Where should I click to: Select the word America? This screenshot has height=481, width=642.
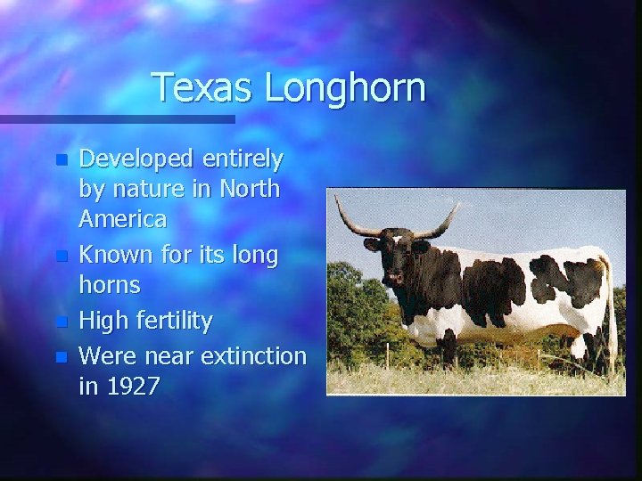coord(122,218)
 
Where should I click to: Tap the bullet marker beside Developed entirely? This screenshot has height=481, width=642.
coord(60,161)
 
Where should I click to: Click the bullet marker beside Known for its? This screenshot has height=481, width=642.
coord(60,257)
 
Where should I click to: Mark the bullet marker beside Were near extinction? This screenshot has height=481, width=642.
coord(60,356)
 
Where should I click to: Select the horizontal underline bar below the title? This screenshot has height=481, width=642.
coord(116,118)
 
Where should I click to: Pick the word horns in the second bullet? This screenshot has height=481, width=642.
coord(110,285)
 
